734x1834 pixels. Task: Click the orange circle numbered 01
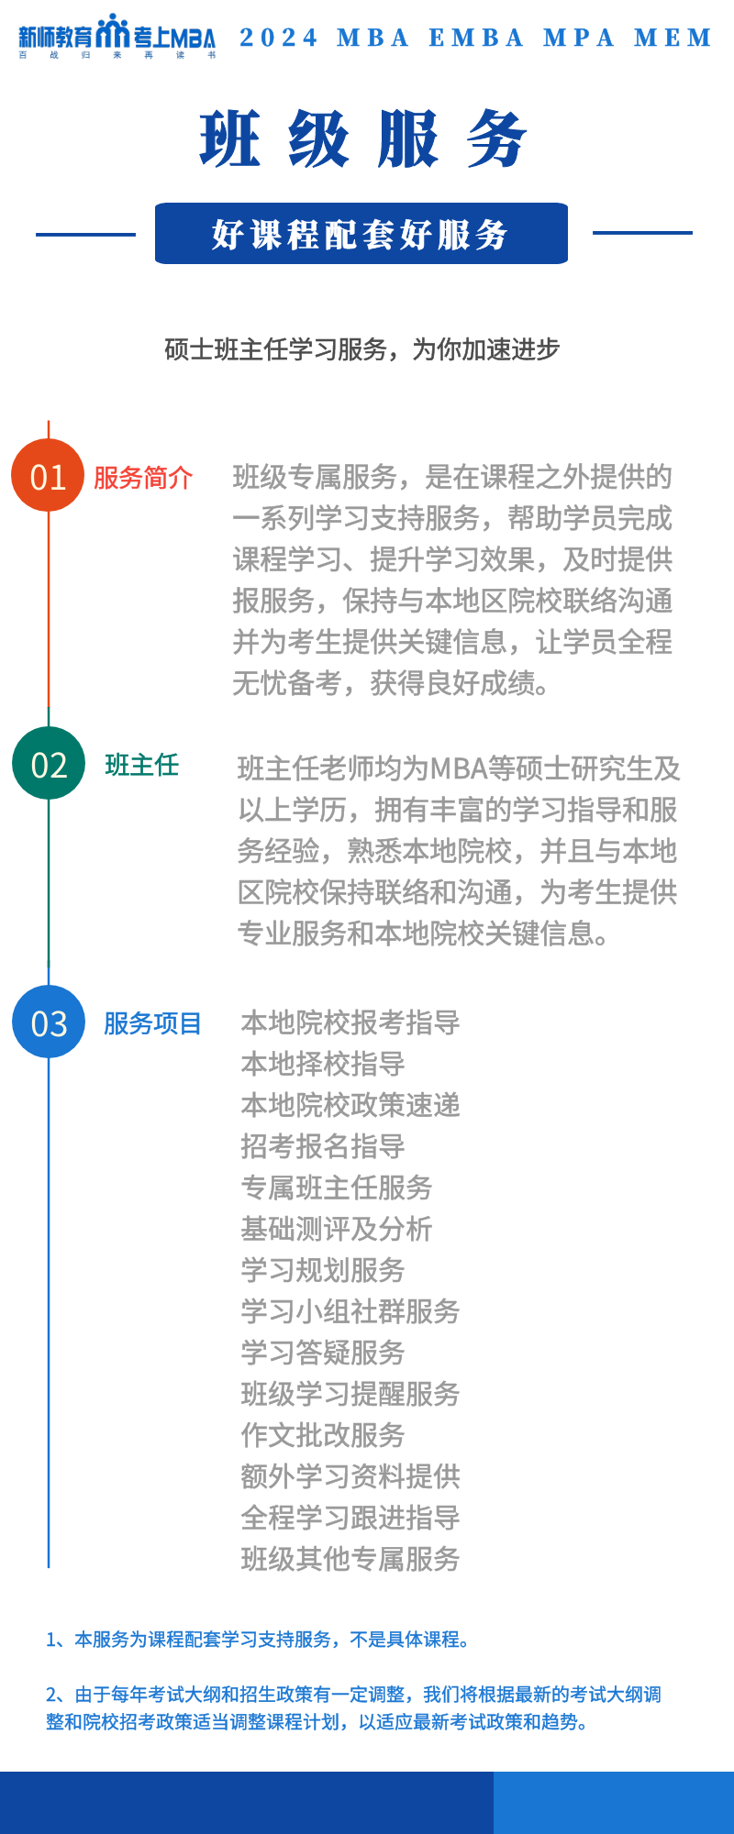[x=48, y=476]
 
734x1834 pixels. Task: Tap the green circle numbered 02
[x=48, y=763]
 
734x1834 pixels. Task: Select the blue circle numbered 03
[x=48, y=1022]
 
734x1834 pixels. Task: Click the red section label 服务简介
[x=143, y=478]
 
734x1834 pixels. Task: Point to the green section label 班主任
[x=142, y=765]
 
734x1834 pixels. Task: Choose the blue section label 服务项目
[x=152, y=1023]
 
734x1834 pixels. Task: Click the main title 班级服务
[x=363, y=139]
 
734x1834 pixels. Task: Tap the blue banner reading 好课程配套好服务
[x=361, y=234]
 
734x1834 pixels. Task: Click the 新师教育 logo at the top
[x=117, y=37]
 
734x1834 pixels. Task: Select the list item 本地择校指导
[x=323, y=1064]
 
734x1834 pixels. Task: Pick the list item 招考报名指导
[x=323, y=1146]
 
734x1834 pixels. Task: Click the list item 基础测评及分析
[x=337, y=1229]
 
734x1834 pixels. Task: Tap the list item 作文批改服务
[x=323, y=1435]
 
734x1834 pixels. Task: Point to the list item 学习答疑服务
[x=323, y=1353]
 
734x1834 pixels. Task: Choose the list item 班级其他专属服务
[x=350, y=1559]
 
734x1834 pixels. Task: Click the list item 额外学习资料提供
[x=350, y=1476]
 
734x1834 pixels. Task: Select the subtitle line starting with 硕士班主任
[x=362, y=349]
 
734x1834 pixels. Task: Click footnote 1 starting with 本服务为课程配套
[x=260, y=1639]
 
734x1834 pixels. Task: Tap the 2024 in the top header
[x=279, y=38]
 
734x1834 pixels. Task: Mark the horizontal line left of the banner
[x=85, y=234]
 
